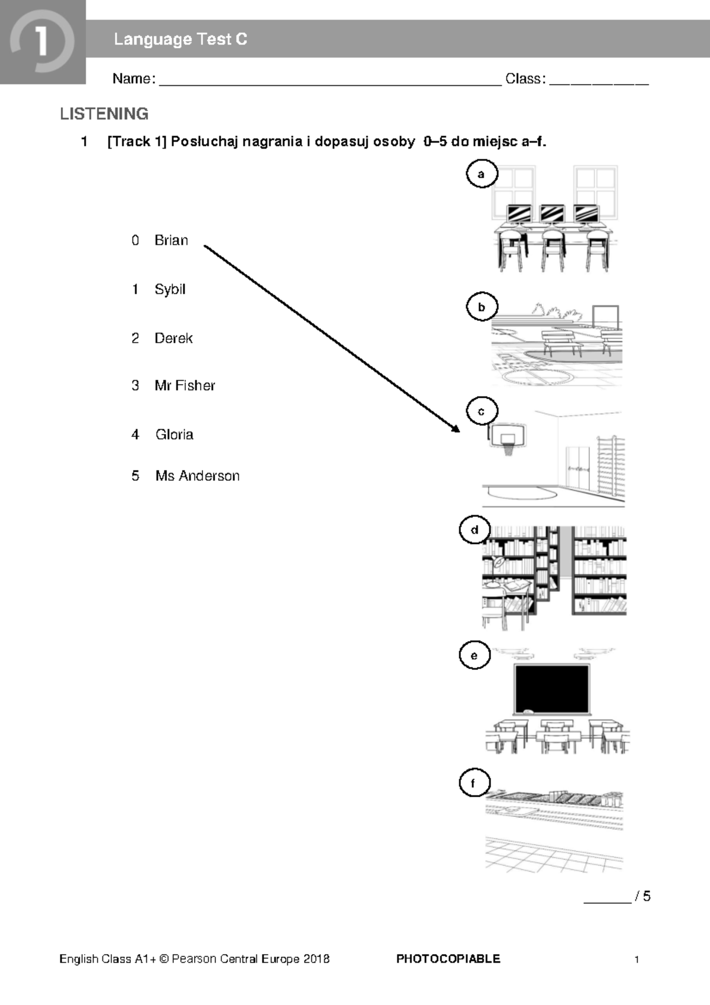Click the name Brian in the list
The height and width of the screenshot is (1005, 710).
click(x=171, y=240)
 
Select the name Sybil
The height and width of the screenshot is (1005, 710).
click(x=170, y=289)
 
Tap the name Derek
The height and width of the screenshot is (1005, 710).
click(x=173, y=338)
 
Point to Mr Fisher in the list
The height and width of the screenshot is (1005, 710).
click(x=185, y=386)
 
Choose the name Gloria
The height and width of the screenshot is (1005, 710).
click(x=174, y=434)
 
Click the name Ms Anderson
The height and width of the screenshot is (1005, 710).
click(x=197, y=476)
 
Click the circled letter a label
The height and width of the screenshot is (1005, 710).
click(x=482, y=174)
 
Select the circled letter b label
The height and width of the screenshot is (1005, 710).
click(x=482, y=307)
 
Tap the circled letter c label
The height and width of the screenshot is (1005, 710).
click(x=482, y=411)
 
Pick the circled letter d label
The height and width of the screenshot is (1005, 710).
click(x=475, y=530)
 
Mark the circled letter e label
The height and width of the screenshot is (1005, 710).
click(x=475, y=656)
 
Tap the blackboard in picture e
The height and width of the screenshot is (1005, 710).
click(x=551, y=690)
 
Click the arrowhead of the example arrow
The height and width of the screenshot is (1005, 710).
click(x=456, y=429)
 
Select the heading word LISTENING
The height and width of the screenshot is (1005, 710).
click(x=104, y=114)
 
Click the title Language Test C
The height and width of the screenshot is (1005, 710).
click(x=180, y=40)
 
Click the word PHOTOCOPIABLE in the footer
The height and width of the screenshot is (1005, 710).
click(x=448, y=958)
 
